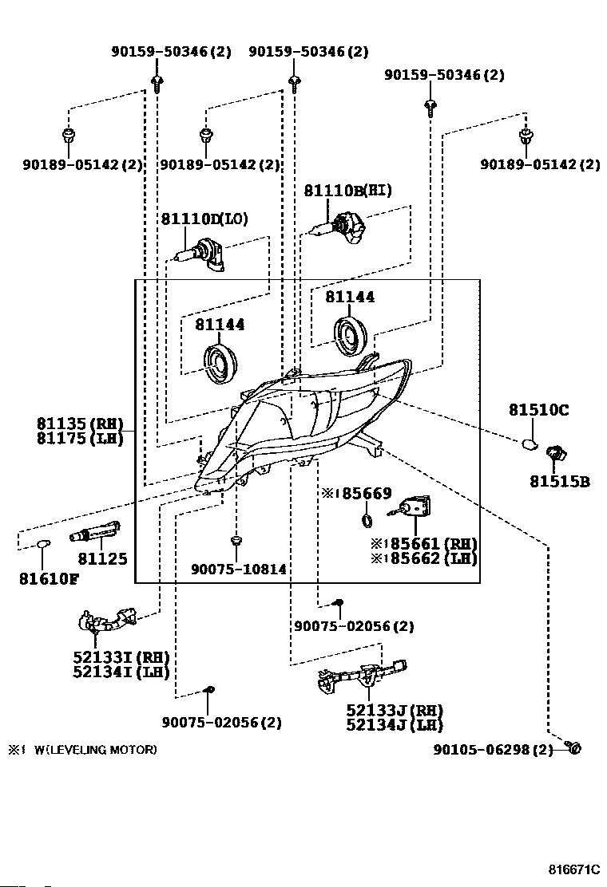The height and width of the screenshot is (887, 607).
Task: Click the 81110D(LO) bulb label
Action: [x=204, y=219]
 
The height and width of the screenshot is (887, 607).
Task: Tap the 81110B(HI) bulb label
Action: [x=347, y=190]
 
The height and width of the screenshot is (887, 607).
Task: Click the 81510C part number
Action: [x=538, y=409]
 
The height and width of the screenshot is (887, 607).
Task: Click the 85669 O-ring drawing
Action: [x=367, y=520]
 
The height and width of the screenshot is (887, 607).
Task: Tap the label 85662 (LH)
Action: [x=424, y=558]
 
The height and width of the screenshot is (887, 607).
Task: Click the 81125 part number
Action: [x=102, y=559]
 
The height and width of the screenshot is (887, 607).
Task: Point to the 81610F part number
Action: [x=49, y=578]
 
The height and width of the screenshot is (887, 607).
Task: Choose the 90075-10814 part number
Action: [x=238, y=569]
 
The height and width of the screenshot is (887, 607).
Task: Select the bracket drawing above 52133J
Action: [x=363, y=675]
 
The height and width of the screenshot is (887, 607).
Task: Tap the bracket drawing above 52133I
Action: [x=108, y=621]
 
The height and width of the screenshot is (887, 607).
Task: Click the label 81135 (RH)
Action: [x=80, y=424]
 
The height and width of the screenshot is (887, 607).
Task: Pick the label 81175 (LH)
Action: [x=80, y=439]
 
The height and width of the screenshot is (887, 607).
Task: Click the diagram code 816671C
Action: [x=574, y=869]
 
